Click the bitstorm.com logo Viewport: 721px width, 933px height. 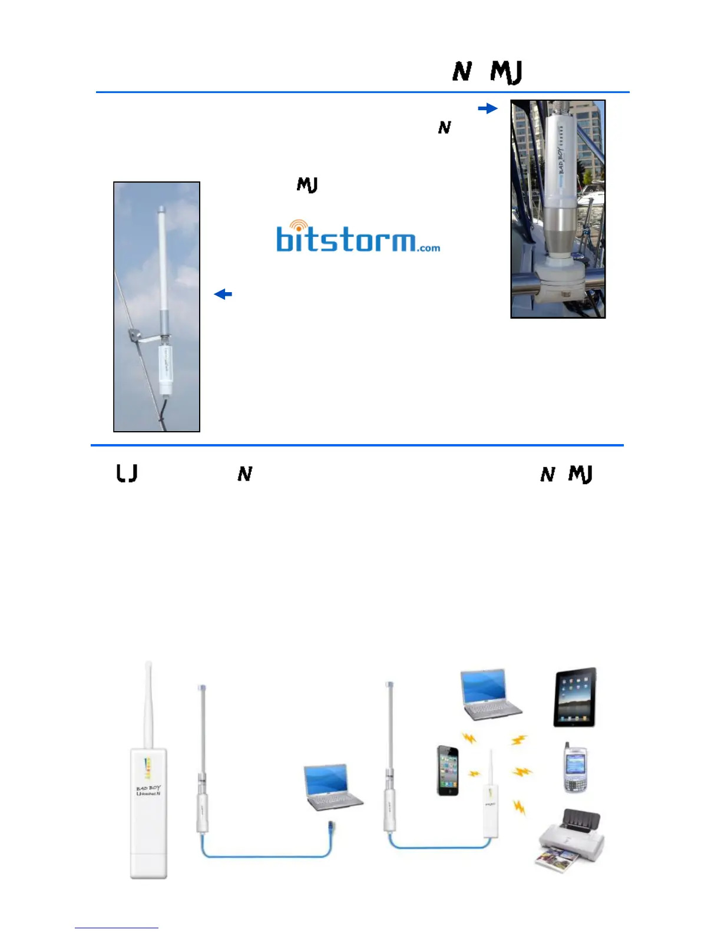(x=357, y=239)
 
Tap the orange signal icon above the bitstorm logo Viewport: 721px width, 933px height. (x=300, y=226)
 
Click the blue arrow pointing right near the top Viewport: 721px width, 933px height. (x=488, y=108)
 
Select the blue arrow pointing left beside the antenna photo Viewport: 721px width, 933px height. (x=223, y=294)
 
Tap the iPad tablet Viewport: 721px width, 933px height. (x=575, y=697)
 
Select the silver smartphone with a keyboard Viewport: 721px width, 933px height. (x=576, y=768)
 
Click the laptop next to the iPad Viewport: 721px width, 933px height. (x=490, y=695)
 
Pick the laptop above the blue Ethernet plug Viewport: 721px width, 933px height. (x=332, y=786)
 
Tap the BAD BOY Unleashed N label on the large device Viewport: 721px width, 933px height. (x=148, y=790)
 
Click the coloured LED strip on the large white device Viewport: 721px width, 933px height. (x=148, y=768)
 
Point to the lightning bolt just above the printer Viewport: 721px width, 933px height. (x=520, y=807)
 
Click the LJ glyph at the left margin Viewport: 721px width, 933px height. (x=127, y=474)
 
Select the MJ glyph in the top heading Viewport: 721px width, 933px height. (x=506, y=72)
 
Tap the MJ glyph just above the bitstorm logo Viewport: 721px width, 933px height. (x=307, y=186)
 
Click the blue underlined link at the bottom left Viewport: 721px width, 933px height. (x=117, y=928)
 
